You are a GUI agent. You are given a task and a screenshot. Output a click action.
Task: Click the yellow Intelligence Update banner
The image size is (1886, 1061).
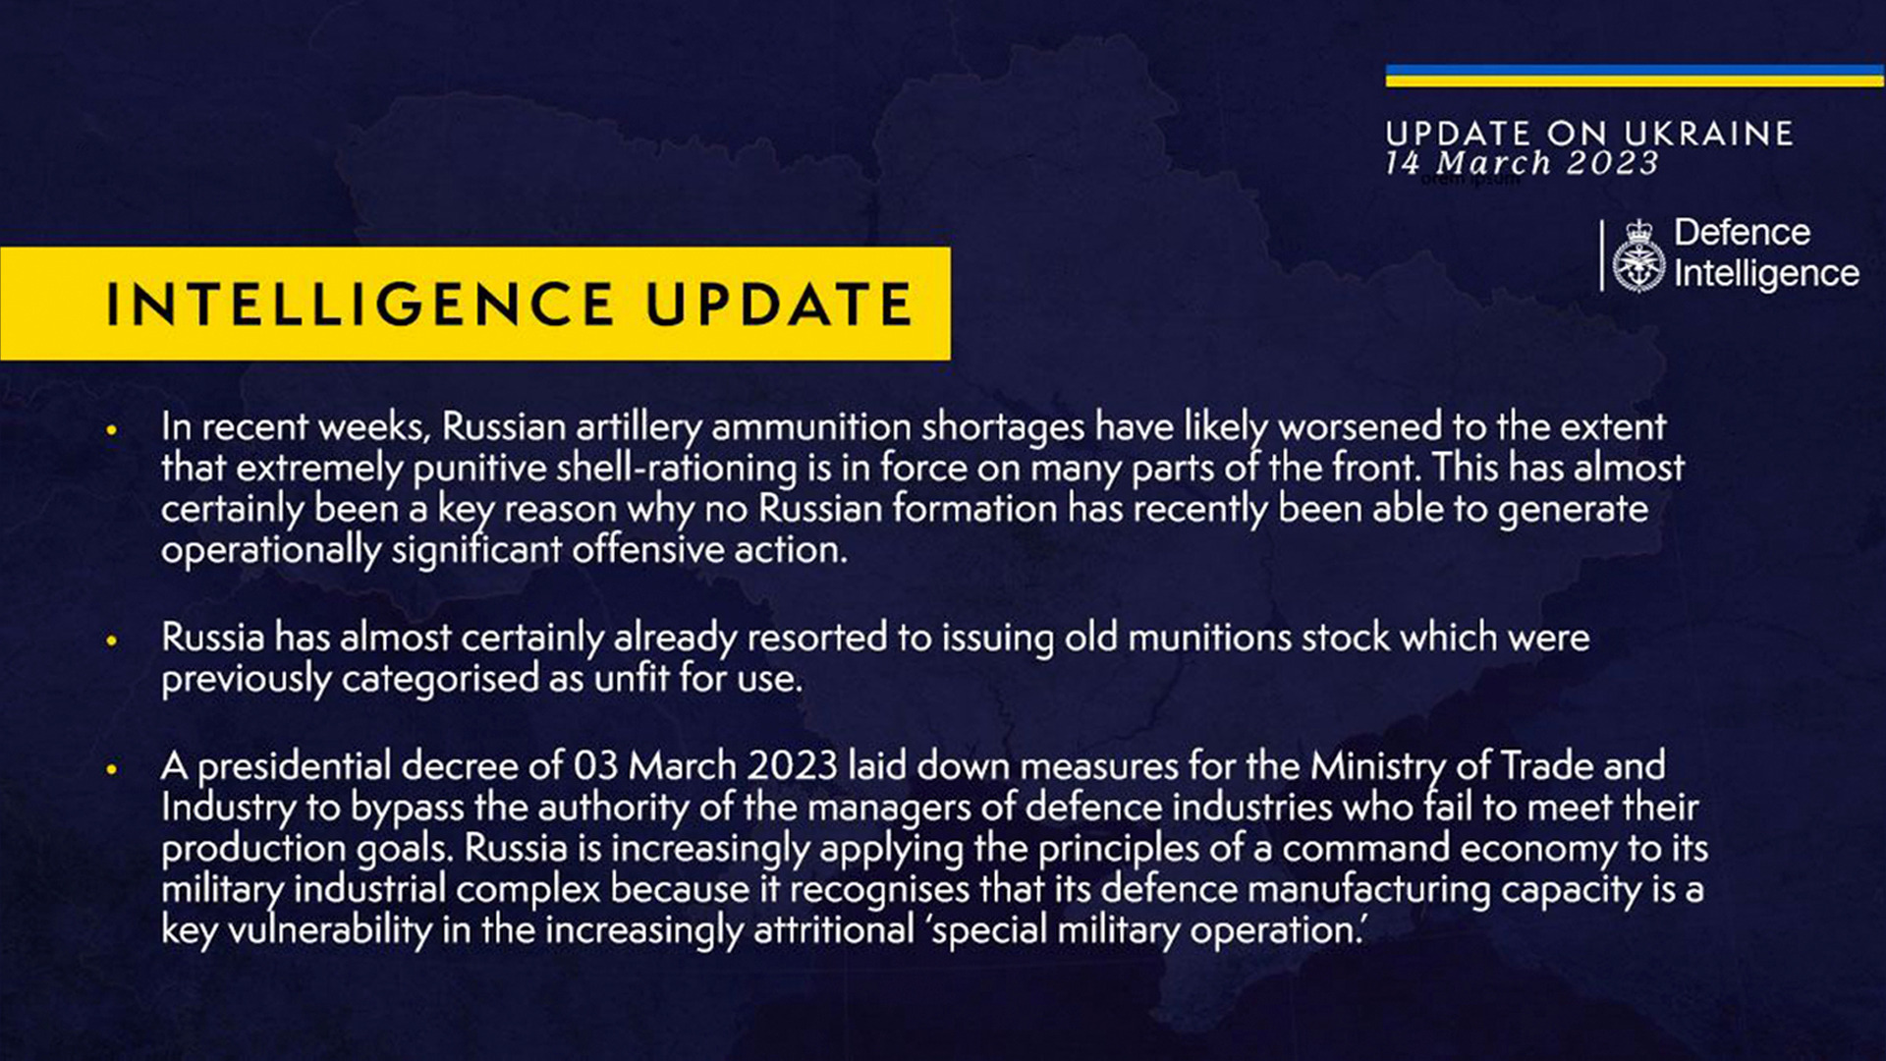click(x=475, y=304)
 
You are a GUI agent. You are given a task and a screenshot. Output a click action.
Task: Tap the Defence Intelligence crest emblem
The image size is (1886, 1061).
click(x=1638, y=256)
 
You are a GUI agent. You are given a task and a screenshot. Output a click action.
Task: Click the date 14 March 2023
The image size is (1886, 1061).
click(x=1522, y=163)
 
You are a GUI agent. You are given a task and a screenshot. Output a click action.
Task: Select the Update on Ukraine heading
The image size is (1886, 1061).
click(x=1589, y=133)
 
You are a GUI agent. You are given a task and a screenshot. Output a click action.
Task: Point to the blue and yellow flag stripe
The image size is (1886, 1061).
click(x=1636, y=76)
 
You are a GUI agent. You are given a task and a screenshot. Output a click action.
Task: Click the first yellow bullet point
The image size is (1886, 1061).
click(x=112, y=429)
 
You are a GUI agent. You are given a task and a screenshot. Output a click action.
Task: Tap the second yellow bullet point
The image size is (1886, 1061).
click(x=112, y=641)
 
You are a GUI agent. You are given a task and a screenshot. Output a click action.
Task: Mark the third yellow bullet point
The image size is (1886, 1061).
click(x=112, y=769)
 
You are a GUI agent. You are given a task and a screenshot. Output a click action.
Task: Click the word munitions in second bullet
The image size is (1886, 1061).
click(x=1209, y=638)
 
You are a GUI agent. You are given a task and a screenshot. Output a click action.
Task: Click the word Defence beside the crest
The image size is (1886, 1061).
click(x=1742, y=232)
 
